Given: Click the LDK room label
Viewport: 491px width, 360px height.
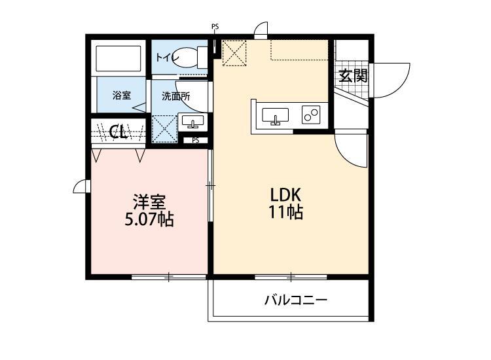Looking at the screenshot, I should tap(285, 195).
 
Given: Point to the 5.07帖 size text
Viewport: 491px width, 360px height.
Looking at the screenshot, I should tap(149, 219).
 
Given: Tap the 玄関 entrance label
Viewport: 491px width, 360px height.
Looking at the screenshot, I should tap(352, 75).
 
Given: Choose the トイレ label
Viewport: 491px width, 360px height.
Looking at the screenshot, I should tap(167, 58).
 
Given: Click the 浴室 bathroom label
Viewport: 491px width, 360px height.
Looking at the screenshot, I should tap(121, 96).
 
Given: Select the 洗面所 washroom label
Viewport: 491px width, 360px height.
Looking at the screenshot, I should tap(176, 96).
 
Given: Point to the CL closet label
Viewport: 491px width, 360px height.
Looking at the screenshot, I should tap(118, 132).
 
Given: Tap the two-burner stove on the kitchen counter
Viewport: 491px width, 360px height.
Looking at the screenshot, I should tap(310, 115).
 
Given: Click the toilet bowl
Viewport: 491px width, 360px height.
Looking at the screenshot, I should tap(194, 57).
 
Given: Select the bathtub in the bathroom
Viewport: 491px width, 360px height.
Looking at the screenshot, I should tap(118, 60).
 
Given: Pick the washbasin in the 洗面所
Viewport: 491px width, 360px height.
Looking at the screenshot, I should tap(192, 122).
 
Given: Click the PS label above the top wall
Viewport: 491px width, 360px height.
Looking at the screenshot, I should tap(215, 27).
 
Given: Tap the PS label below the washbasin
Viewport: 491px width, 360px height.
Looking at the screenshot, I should tap(195, 139).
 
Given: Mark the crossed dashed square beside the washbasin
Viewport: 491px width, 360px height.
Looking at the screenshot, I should tap(164, 128).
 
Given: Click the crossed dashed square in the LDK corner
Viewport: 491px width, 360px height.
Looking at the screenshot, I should tap(234, 53).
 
